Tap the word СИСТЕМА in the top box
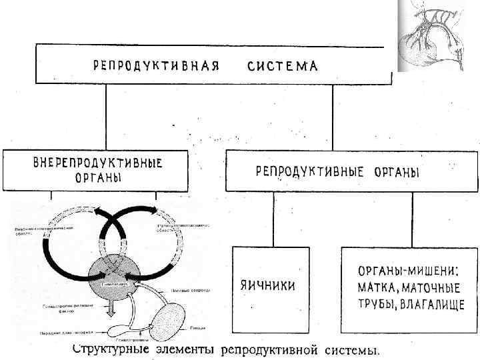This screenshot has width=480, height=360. [283, 66]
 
